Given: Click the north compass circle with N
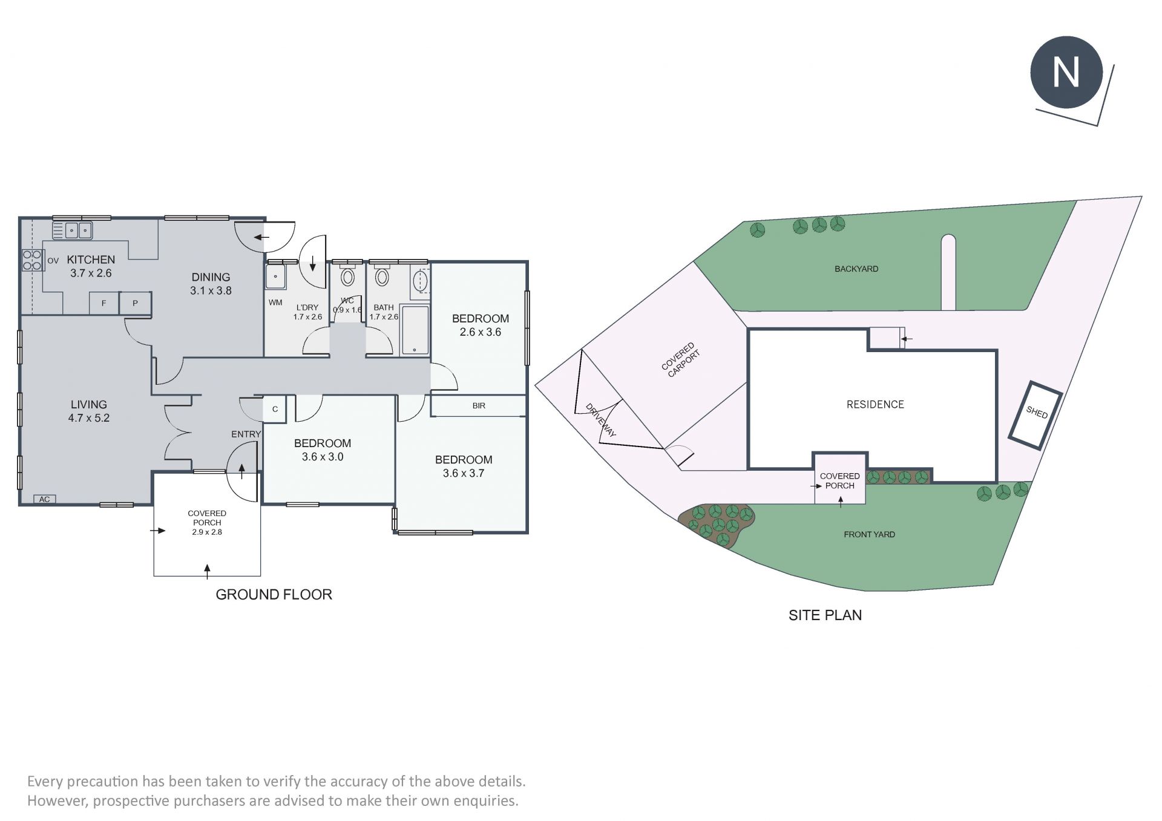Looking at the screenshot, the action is pos(1066,73).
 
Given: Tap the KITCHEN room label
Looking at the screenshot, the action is pos(91,260).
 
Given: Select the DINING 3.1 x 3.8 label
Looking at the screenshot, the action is pos(211,284).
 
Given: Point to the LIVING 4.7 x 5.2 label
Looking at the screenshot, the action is pos(89,411).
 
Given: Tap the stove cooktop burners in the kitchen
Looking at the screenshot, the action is pos(32,260).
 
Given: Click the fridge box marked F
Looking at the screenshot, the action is pos(103,303).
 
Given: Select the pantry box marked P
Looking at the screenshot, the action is pos(135,303).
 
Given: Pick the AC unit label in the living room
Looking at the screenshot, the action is pos(44,499).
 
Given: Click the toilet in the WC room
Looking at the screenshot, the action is pos(347,276).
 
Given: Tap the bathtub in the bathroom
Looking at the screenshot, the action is pos(415,330).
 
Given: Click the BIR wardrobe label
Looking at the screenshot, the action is pos(479,405).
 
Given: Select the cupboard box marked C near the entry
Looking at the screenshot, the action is pos(275,409).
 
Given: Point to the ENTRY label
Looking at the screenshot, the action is pos(246,434).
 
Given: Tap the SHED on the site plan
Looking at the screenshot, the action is pos(1036,415).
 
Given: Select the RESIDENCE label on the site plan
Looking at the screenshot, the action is pos(875,404).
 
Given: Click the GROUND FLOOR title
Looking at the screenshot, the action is pos(274,594).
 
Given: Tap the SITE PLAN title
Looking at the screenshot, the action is pos(825,615).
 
